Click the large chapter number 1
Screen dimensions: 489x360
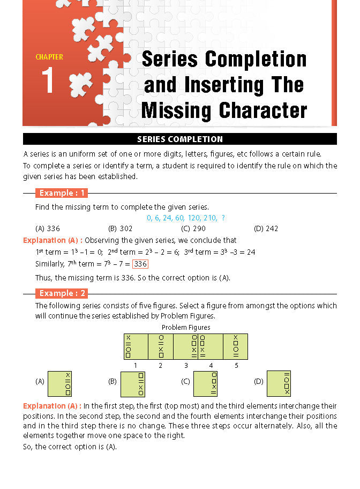[48, 81]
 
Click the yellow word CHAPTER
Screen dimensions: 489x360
[49, 57]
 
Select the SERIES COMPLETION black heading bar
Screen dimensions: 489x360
[179, 139]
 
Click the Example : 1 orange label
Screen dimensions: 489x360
[61, 193]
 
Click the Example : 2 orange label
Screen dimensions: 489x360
[61, 293]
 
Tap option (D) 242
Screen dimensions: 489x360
[266, 228]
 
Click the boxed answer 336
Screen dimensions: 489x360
[140, 264]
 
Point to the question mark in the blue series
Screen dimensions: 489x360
[223, 218]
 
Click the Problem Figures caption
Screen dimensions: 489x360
[186, 327]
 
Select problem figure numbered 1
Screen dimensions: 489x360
[136, 346]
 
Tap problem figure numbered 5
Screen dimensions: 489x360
[236, 346]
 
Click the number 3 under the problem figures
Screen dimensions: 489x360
[186, 366]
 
